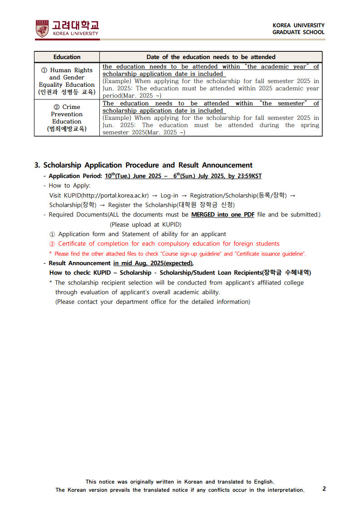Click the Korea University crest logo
[x=42, y=28]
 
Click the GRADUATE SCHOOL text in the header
[x=298, y=32]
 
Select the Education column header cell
[x=67, y=57]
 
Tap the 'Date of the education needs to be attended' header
[x=211, y=57]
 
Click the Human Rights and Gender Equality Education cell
[x=67, y=81]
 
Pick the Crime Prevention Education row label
[x=67, y=118]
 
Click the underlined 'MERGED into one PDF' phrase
[x=222, y=214]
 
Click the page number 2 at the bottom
[x=324, y=489]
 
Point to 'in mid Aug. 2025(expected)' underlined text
[x=153, y=263]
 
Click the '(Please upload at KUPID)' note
[x=145, y=224]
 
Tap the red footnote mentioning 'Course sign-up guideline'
[x=178, y=254]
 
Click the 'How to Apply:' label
[x=69, y=185]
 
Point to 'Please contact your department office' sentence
[x=153, y=301]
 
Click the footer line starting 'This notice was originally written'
[x=180, y=482]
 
